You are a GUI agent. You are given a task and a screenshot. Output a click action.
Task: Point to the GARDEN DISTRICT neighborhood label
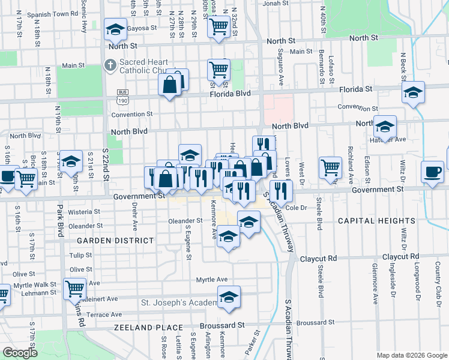coord(115,240)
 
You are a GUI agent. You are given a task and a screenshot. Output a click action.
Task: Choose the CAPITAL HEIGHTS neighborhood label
coord(376,221)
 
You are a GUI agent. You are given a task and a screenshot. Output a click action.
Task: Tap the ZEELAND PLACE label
coord(148,328)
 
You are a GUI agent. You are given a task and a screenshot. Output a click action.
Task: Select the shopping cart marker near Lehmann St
coord(75,289)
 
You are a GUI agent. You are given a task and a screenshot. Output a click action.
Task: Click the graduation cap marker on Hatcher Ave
coord(385,127)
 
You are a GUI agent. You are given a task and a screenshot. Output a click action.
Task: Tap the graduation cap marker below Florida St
coord(412,93)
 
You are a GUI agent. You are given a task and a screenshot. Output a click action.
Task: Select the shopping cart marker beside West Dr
coord(330,167)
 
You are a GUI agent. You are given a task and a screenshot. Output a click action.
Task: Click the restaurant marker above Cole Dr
coord(280,191)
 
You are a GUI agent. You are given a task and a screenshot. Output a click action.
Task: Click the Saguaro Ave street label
coord(280,71)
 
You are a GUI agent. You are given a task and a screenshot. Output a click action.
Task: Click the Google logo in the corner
coord(20,353)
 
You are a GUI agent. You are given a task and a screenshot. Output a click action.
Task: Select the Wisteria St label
coord(84,212)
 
